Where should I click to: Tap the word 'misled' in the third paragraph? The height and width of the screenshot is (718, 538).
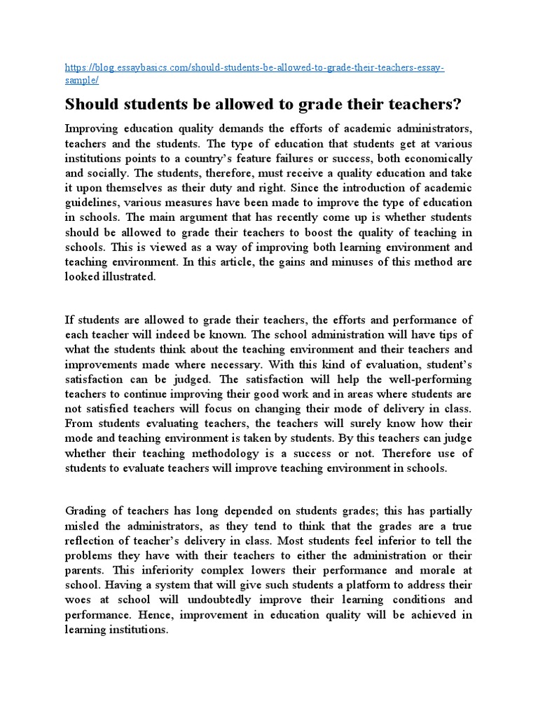tap(83, 527)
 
